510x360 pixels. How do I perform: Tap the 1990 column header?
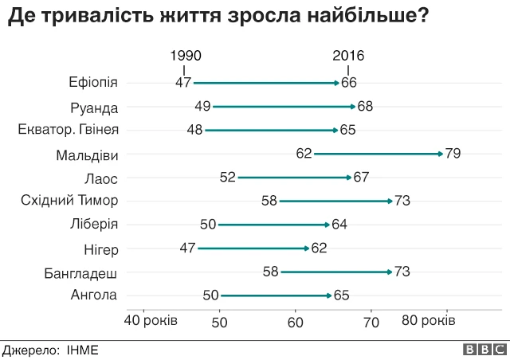pyautogui.click(x=186, y=56)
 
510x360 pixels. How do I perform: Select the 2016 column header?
pyautogui.click(x=347, y=56)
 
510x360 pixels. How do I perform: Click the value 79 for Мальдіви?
pyautogui.click(x=453, y=154)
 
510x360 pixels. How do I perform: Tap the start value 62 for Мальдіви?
pyautogui.click(x=304, y=154)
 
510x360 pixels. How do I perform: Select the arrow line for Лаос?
pyautogui.click(x=294, y=178)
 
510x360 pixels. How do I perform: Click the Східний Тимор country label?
pyautogui.click(x=69, y=201)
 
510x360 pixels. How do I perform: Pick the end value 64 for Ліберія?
pyautogui.click(x=339, y=225)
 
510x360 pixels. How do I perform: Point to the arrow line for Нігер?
pyautogui.click(x=253, y=248)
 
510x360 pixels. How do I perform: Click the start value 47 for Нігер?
pyautogui.click(x=187, y=248)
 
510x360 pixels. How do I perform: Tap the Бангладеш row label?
pyautogui.click(x=81, y=273)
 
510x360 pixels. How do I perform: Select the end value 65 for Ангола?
pyautogui.click(x=341, y=295)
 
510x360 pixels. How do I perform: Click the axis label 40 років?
pyautogui.click(x=151, y=321)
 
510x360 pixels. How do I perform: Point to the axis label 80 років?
pyautogui.click(x=428, y=321)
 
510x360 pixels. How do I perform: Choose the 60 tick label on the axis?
pyautogui.click(x=296, y=322)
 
